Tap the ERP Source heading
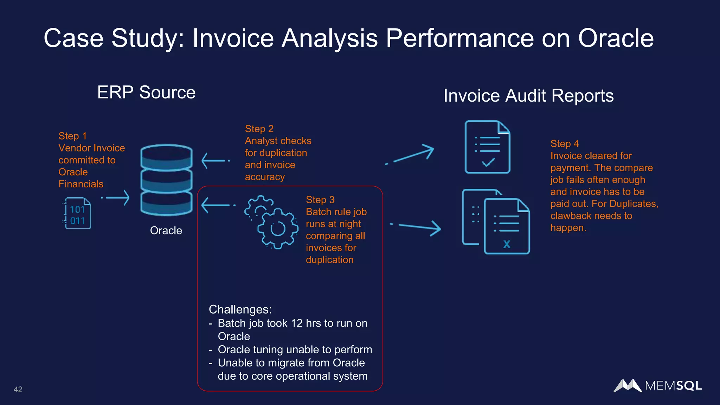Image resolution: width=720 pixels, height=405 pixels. pos(146,92)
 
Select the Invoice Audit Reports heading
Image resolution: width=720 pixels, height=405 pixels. pos(528,96)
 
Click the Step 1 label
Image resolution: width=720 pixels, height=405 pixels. pos(72,136)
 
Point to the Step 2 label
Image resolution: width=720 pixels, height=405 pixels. pos(259,129)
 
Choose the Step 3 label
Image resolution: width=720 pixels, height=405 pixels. pos(320,200)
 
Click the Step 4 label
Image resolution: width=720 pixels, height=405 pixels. pos(564,144)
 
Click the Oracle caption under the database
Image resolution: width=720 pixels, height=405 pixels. pos(166,231)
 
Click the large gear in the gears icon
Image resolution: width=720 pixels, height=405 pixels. pos(278,229)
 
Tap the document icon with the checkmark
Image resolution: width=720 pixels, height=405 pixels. pos(487,147)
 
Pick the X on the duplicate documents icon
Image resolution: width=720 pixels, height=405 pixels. pos(507,244)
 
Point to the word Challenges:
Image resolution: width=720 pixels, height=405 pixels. pos(240,309)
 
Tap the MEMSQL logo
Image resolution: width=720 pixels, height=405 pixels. pos(657,386)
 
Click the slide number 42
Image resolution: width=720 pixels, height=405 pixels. pos(18,389)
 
